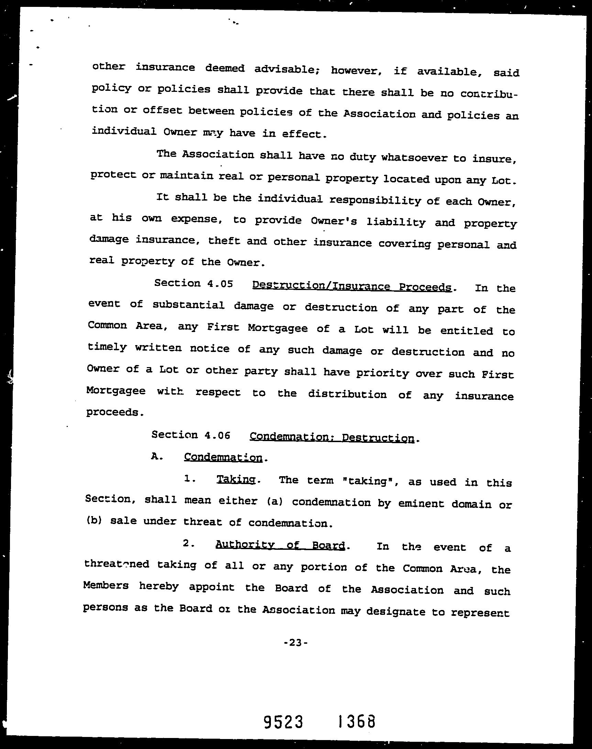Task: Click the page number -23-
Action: tap(295, 643)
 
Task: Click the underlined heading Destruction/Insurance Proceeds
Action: tap(352, 286)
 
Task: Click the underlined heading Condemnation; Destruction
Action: tap(332, 438)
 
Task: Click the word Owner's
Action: tap(334, 221)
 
